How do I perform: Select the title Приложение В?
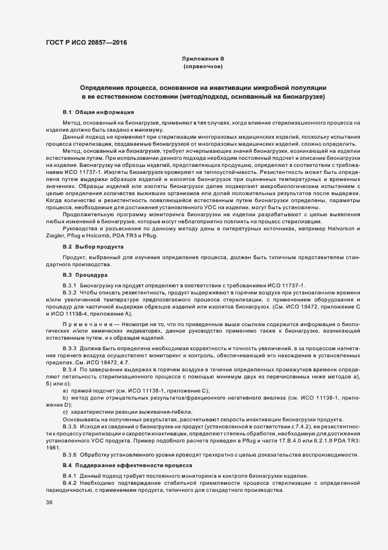tap(203, 59)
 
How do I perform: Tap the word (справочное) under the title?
tap(203, 68)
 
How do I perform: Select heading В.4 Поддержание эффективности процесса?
tap(126, 465)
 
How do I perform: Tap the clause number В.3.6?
tap(70, 455)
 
